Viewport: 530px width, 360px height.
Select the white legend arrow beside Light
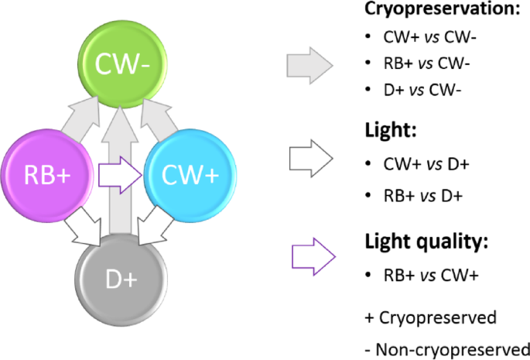(x=309, y=159)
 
